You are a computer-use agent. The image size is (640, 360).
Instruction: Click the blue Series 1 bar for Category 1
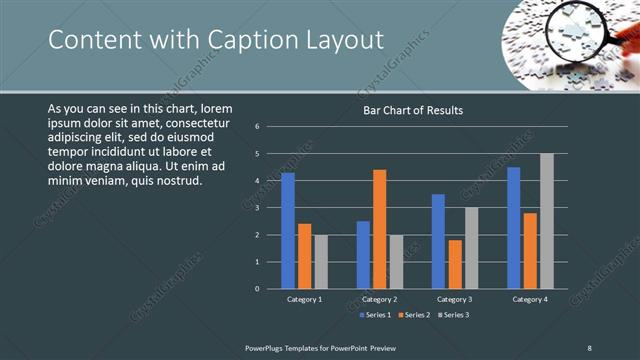(x=288, y=231)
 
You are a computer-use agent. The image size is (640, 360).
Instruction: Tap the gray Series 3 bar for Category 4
(x=547, y=221)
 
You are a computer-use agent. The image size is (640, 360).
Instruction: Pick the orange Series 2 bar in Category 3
(x=455, y=264)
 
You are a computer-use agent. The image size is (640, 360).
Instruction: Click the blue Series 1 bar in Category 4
(x=514, y=228)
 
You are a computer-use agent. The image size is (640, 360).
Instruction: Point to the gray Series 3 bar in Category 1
(x=321, y=262)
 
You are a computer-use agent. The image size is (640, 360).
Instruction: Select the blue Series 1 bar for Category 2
(x=363, y=255)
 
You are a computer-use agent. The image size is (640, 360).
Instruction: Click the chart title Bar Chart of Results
(x=412, y=110)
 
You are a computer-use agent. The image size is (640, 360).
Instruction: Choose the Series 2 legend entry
(x=412, y=315)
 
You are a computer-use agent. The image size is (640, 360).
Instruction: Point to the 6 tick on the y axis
(x=258, y=127)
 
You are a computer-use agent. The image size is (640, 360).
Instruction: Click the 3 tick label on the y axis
(x=258, y=208)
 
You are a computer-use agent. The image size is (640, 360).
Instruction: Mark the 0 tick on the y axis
(x=258, y=289)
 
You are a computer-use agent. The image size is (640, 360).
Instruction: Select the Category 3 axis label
(x=455, y=299)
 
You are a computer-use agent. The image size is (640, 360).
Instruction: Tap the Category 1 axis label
(x=304, y=299)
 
